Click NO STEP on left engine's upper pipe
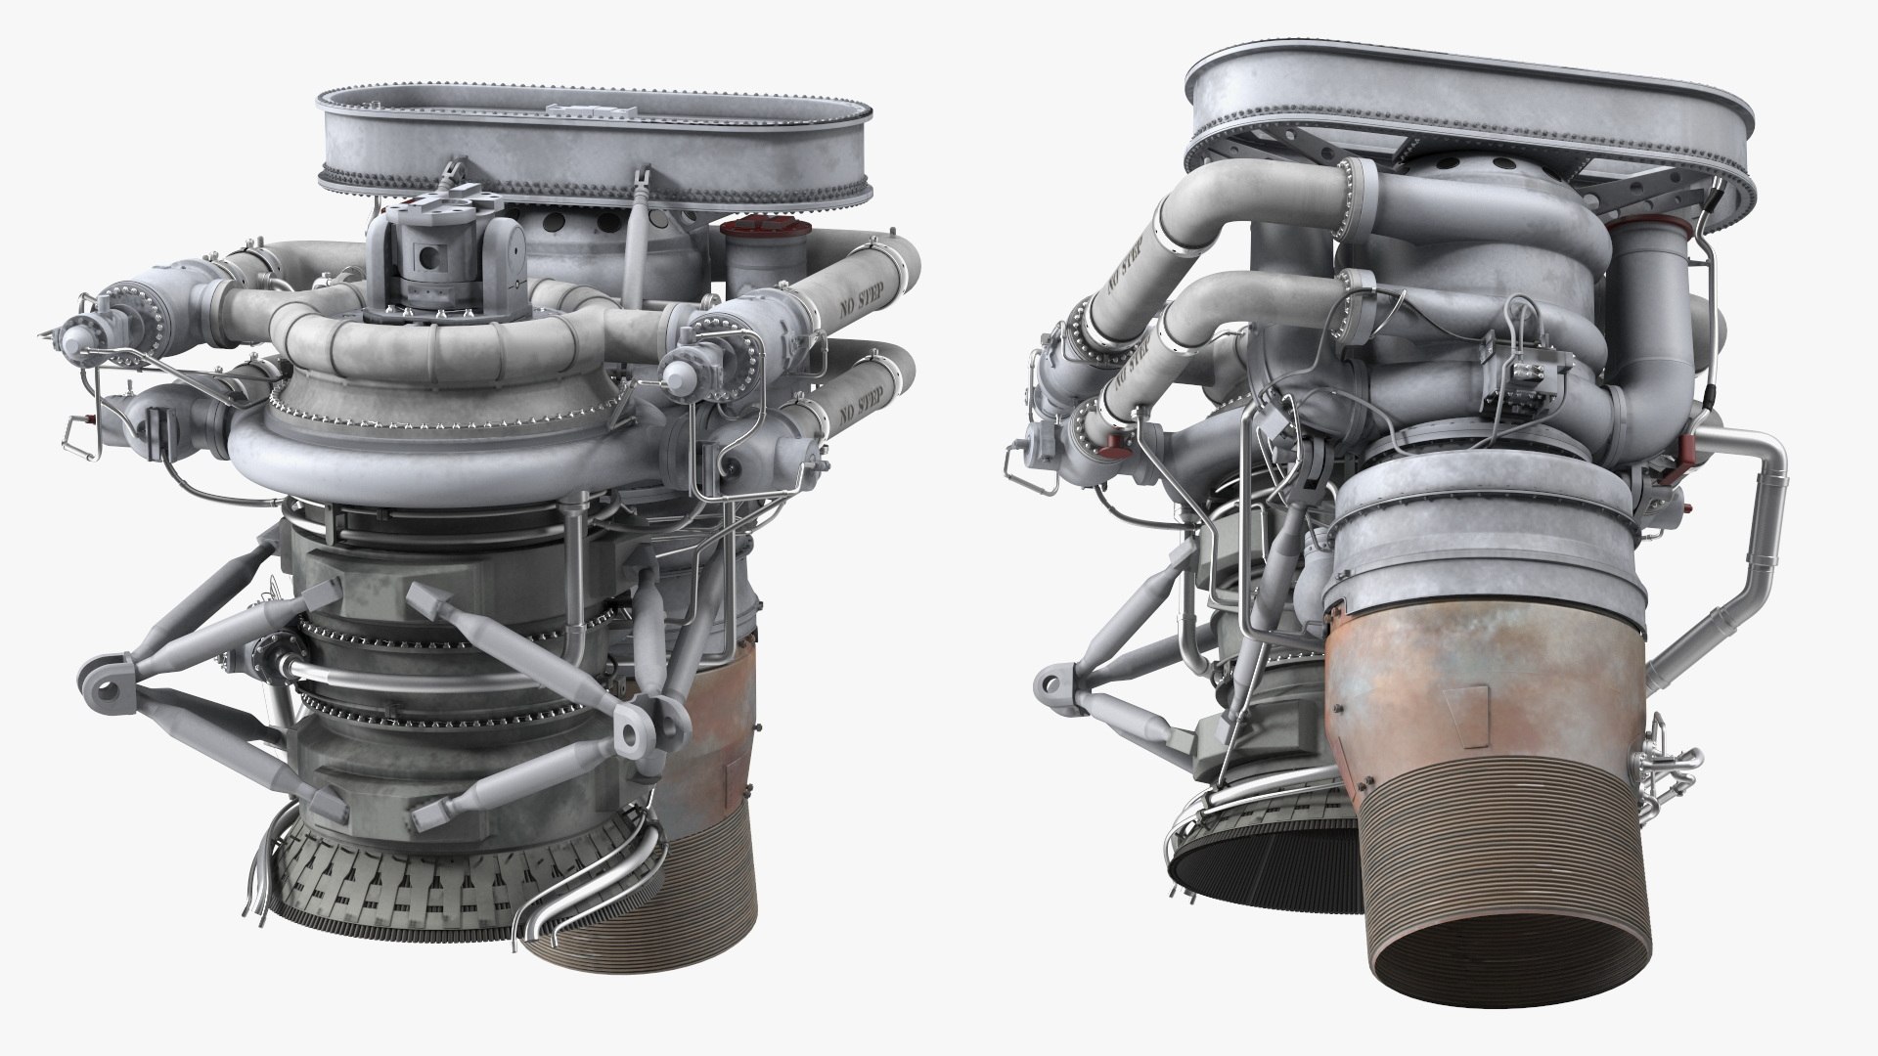[858, 283]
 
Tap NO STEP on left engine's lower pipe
[869, 400]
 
